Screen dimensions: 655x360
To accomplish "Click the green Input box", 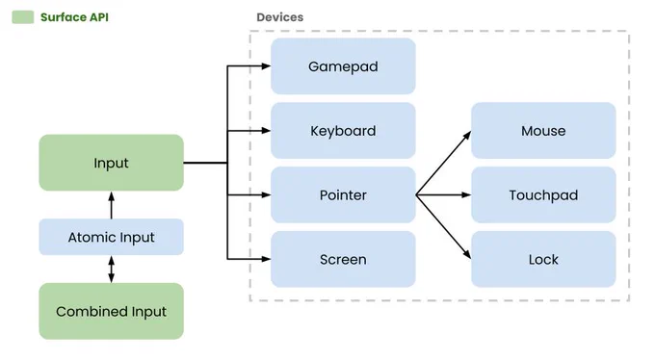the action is pos(111,163).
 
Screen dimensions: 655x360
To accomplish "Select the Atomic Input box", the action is pos(111,237).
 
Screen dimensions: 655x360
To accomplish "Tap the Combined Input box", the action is pos(111,311).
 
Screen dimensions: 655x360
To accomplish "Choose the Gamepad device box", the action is pos(343,66).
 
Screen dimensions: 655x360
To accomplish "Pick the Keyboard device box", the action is pos(343,131).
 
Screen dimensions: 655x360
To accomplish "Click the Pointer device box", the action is pos(343,195).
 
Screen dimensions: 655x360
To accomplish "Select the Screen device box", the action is pos(343,259).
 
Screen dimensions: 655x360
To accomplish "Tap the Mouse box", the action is pos(543,131).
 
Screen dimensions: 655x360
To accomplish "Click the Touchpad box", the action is pos(543,195).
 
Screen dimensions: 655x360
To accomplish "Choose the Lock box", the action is pos(543,259).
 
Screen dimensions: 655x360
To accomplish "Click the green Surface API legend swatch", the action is pos(23,17).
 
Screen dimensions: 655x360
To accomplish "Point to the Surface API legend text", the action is pos(74,17).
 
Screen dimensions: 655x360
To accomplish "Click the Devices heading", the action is pos(280,17).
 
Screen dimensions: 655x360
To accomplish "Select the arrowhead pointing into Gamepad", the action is pos(266,66).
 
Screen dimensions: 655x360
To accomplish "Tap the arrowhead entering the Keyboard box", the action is pos(266,131).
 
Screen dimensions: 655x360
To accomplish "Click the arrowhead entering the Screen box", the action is pos(266,259).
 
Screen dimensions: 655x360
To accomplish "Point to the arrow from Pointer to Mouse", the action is pos(444,163).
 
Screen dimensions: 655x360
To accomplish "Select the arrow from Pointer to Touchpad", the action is pos(444,195).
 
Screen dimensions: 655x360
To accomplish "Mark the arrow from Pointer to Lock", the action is pos(444,227).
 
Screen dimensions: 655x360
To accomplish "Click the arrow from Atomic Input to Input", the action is pos(111,205).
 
